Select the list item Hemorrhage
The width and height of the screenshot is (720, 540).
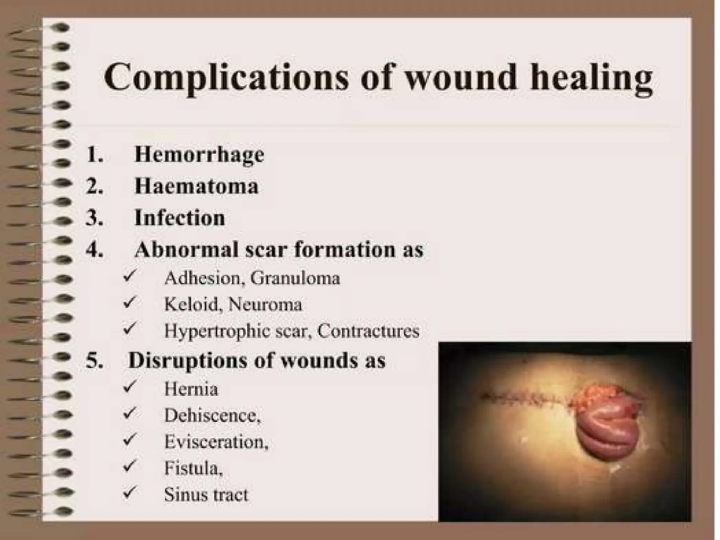(x=199, y=155)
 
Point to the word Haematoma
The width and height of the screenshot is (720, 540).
(x=197, y=186)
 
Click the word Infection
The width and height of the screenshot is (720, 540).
(x=180, y=218)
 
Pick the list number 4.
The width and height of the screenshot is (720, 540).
(x=94, y=250)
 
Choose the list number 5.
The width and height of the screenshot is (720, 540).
(x=94, y=361)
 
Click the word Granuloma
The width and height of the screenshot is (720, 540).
(x=295, y=278)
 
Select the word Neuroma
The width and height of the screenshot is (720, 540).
(x=265, y=304)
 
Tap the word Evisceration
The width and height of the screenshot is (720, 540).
(x=216, y=442)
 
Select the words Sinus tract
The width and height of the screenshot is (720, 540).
(x=206, y=495)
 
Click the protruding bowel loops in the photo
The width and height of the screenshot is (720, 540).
(x=605, y=425)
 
